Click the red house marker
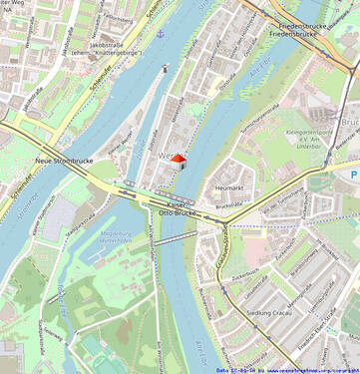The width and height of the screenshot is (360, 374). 179,159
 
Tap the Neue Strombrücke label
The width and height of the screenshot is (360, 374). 57,160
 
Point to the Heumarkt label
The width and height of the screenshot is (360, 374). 229,187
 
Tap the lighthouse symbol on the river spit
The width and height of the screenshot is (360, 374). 165,69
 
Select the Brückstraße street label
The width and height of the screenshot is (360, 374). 229,204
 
